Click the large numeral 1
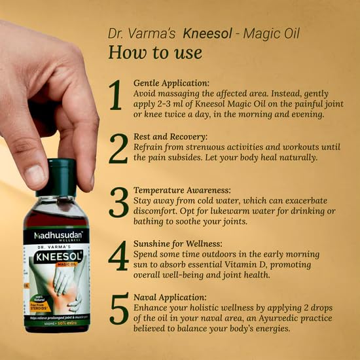[116, 96]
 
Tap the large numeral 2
[118, 149]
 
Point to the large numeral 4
[118, 257]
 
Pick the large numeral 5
[118, 310]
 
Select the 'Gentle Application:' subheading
[171, 83]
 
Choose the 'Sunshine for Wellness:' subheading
[179, 243]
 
